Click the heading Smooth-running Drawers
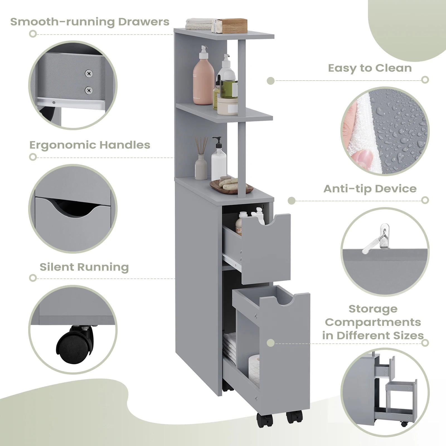(90, 22)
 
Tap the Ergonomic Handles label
(90, 145)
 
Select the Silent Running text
(84, 267)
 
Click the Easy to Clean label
(370, 68)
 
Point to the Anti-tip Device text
(370, 189)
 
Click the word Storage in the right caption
(373, 309)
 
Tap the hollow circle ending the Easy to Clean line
(425, 80)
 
